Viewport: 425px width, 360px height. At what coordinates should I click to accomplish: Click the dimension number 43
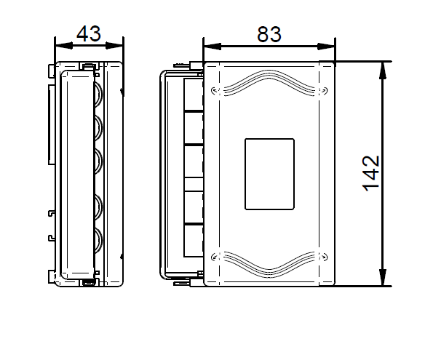(x=89, y=34)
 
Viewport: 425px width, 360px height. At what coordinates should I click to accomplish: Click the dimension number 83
(x=269, y=34)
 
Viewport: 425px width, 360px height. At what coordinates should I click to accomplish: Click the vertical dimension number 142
(x=371, y=174)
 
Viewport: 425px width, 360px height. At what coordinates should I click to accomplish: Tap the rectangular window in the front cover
(x=270, y=174)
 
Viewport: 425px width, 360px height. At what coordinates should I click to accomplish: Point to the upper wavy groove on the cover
(x=269, y=83)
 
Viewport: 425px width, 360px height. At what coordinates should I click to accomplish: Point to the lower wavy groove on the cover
(x=269, y=265)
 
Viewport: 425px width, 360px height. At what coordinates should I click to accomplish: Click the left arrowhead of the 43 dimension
(x=64, y=46)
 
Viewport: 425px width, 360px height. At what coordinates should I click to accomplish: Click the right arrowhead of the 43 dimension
(x=114, y=46)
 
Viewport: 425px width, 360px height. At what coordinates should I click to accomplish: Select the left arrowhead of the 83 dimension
(x=212, y=47)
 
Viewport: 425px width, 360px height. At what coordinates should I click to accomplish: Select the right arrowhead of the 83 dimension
(x=326, y=47)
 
